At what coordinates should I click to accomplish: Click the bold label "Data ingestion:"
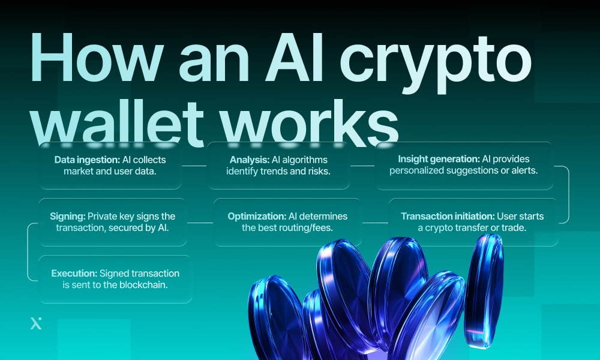point(88,160)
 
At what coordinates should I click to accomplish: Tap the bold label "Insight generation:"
point(438,160)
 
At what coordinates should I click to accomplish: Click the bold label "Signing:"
point(68,216)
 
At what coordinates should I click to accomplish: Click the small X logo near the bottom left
point(36,324)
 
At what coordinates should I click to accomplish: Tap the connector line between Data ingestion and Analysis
point(196,166)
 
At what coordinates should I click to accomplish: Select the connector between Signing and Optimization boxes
point(200,223)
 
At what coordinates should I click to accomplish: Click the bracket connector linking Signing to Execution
point(28,251)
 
